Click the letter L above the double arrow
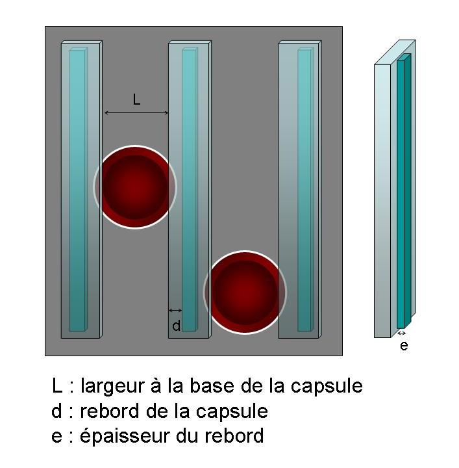pos(136,99)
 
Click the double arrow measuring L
pos(136,113)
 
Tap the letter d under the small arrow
pos(176,326)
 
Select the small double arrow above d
pos(175,310)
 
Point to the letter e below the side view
pos(404,346)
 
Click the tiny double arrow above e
pos(402,333)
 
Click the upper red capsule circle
pos(135,187)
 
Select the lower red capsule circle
pos(245,292)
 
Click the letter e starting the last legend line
pos(57,436)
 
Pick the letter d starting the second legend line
pos(57,411)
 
